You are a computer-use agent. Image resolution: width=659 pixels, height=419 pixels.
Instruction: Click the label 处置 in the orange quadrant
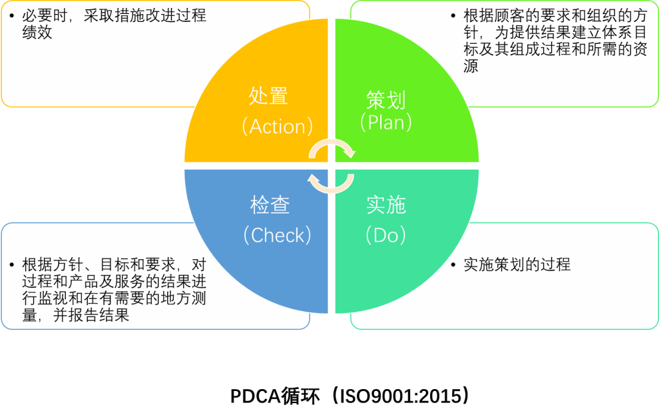click(x=268, y=96)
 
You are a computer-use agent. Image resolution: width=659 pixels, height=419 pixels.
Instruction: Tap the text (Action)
click(x=277, y=126)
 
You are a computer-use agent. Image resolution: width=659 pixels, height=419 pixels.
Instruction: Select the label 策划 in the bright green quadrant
click(x=386, y=99)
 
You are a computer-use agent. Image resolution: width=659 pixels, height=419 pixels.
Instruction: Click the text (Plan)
click(x=386, y=123)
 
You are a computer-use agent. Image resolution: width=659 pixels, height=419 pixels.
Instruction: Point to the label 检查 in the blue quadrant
click(x=270, y=206)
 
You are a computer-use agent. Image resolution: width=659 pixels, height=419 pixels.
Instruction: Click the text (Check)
click(x=277, y=235)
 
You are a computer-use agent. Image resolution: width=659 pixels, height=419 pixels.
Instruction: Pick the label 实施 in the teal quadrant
click(x=386, y=206)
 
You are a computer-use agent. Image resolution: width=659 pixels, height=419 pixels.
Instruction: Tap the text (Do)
click(x=386, y=235)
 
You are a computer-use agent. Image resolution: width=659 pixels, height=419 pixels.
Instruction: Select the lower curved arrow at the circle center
click(x=331, y=182)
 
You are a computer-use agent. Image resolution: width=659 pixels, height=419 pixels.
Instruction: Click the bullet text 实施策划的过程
click(x=517, y=265)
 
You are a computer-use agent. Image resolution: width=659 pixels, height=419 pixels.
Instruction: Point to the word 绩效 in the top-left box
click(x=37, y=32)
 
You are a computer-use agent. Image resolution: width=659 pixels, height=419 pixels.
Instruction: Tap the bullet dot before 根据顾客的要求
click(x=453, y=16)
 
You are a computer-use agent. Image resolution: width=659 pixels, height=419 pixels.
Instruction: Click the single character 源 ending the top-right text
click(x=470, y=66)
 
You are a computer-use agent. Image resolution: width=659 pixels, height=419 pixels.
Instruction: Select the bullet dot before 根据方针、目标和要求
click(x=12, y=265)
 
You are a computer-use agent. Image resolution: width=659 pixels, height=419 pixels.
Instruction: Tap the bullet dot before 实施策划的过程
click(x=453, y=265)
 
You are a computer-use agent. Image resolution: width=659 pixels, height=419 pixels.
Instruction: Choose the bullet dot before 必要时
click(x=12, y=16)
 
